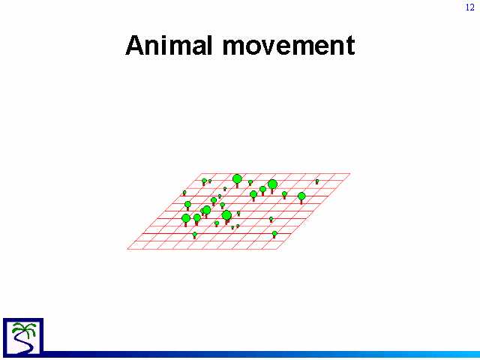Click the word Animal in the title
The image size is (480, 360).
[169, 45]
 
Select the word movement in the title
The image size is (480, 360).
[289, 46]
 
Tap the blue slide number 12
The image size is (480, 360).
[470, 7]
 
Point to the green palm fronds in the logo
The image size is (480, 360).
[24, 329]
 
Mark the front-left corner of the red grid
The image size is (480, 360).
[127, 249]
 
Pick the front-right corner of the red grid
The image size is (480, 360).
[277, 249]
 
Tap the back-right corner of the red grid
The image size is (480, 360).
[350, 173]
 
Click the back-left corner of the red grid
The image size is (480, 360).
[202, 173]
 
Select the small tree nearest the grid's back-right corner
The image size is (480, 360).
[317, 181]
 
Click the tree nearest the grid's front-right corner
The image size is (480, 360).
[274, 234]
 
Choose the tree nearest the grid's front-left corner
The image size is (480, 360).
[195, 235]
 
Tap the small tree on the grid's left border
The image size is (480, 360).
[184, 193]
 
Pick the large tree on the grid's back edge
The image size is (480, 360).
[237, 181]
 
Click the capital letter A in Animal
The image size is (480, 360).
[135, 45]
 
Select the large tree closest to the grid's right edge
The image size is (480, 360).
[301, 198]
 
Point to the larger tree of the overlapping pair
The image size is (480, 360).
[207, 211]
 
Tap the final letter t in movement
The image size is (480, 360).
[351, 46]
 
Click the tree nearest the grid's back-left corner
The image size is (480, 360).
[204, 181]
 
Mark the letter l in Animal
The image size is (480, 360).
[209, 45]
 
